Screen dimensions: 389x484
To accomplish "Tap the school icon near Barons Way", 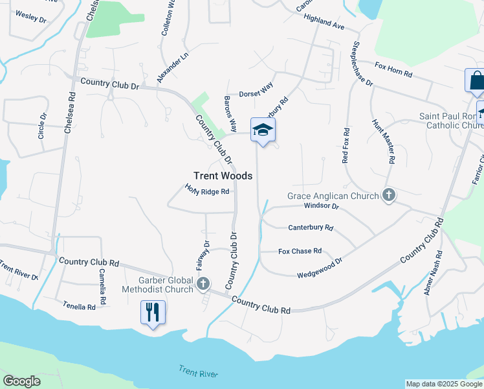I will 263,130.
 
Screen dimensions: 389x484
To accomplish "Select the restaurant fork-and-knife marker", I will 153,312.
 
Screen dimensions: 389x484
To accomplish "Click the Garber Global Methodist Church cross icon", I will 204,283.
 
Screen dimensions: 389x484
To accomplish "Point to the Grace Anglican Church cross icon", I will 388,195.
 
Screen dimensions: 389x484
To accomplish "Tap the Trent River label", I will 198,371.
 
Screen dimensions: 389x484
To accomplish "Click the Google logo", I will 21,381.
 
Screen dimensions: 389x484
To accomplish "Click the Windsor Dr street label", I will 322,206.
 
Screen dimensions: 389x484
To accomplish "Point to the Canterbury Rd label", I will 311,228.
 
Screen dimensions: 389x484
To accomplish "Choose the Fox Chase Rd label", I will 300,251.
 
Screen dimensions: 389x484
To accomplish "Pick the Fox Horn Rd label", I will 393,70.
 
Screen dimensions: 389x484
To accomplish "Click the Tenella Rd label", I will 79,305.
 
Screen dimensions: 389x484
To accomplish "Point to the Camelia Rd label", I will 102,283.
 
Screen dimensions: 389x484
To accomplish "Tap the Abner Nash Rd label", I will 434,273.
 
